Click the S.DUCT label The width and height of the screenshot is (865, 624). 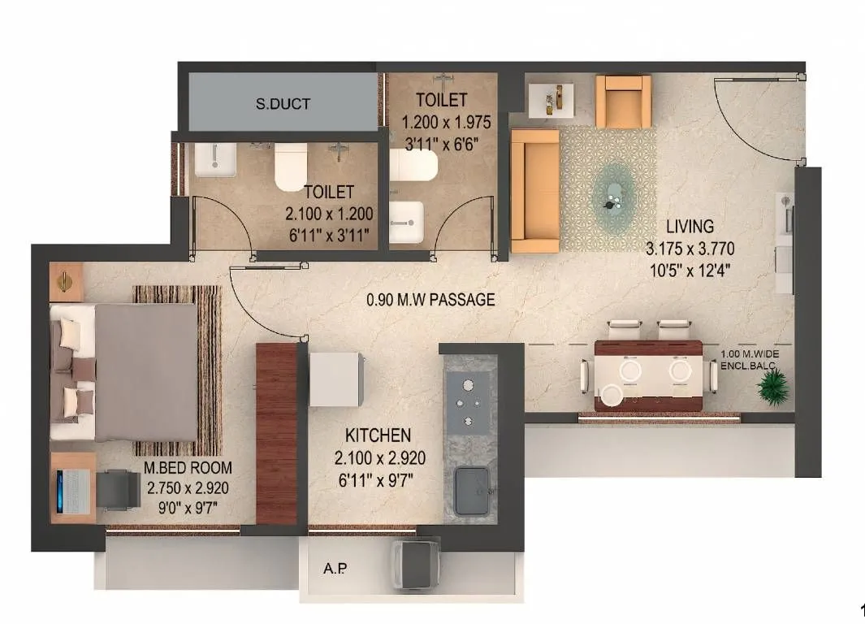pos(283,104)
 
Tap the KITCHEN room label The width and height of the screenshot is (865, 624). pos(378,435)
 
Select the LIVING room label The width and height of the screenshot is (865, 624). pos(690,226)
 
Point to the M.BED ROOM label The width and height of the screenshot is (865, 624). pos(188,468)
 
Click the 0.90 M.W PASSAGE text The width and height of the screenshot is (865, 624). pos(430,300)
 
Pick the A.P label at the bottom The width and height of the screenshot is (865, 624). pos(335,569)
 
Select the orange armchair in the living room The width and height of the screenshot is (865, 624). pos(624,102)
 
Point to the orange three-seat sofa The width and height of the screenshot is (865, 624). pos(534,190)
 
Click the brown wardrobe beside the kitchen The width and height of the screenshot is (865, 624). pos(276,433)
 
